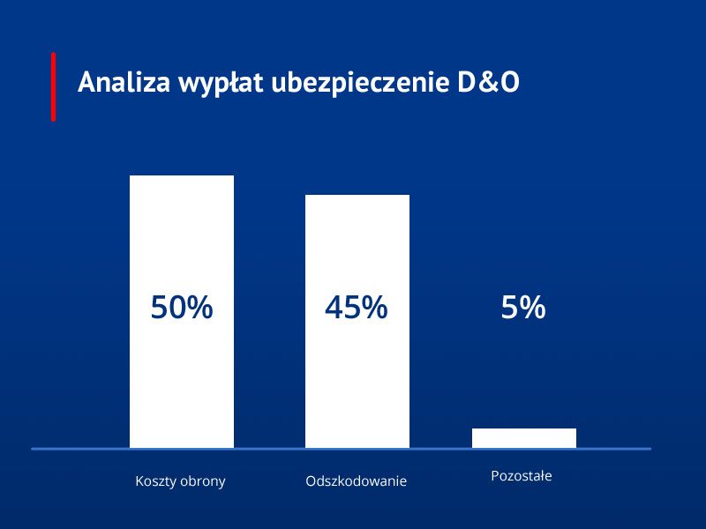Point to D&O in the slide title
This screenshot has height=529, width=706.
[488, 82]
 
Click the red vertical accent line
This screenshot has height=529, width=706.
[53, 86]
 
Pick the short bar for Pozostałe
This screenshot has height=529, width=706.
[524, 438]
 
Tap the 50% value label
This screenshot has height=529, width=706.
[182, 308]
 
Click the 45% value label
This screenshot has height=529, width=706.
[357, 308]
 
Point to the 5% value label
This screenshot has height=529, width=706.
[523, 309]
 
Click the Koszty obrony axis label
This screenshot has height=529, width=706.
[181, 482]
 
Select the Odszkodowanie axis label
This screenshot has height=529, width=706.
[357, 482]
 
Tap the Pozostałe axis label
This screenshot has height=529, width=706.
[522, 476]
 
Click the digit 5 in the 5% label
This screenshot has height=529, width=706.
[510, 309]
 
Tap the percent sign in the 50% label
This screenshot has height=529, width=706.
[199, 308]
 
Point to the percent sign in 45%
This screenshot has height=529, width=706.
[374, 308]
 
